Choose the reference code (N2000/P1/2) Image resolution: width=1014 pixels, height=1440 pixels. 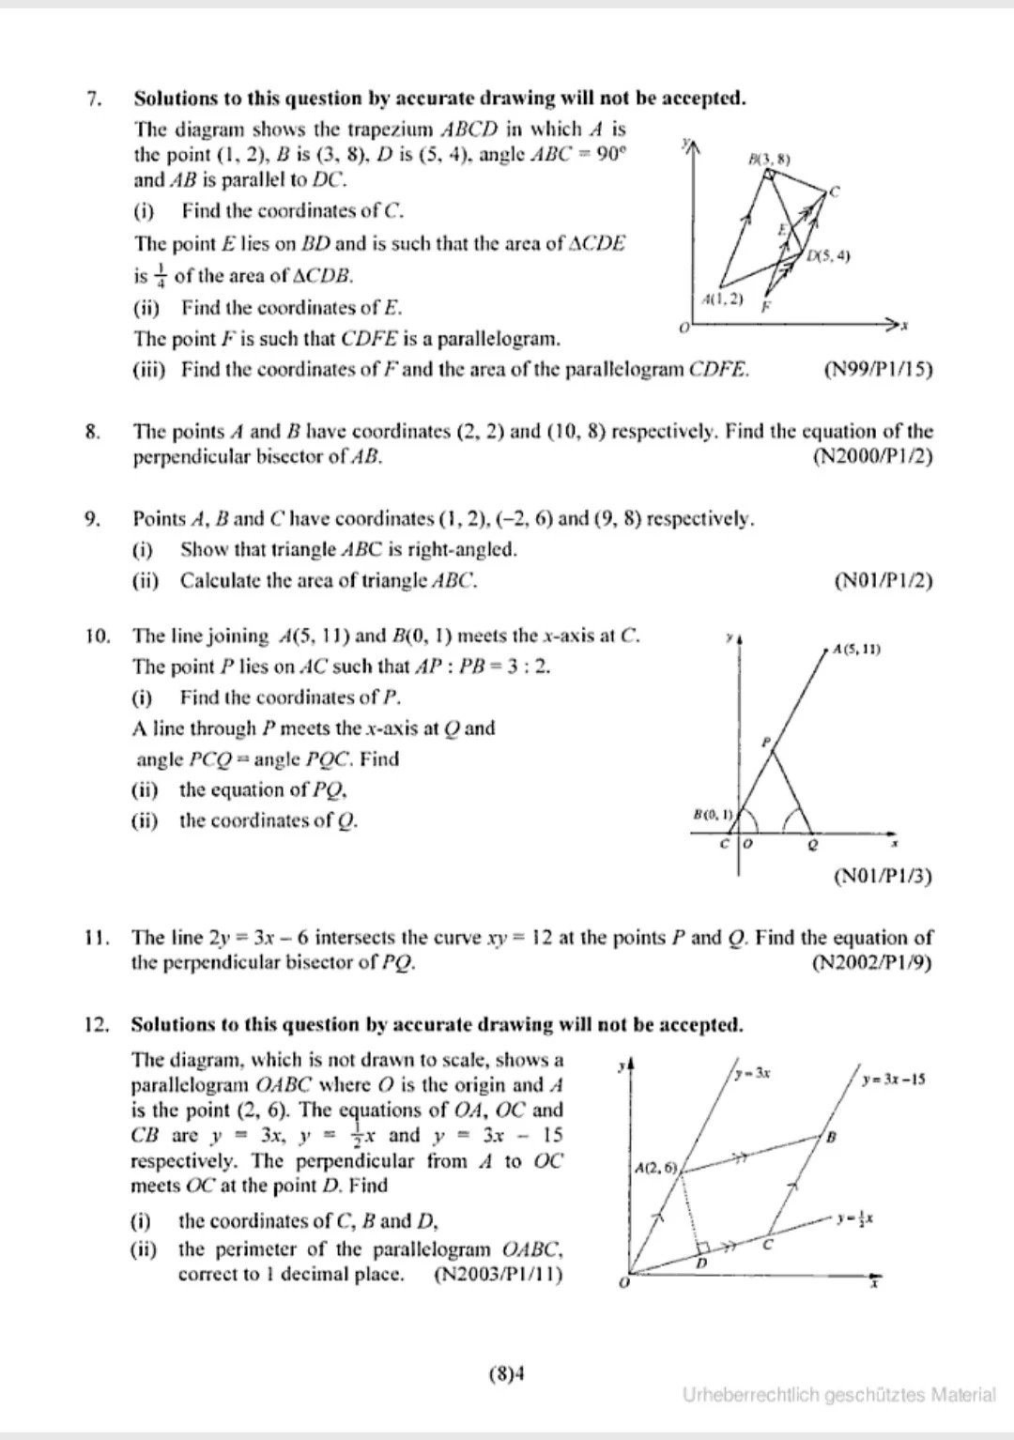pyautogui.click(x=872, y=457)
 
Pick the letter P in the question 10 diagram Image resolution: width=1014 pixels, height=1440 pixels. pyautogui.click(x=765, y=743)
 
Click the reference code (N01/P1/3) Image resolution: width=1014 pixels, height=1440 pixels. pyautogui.click(x=883, y=877)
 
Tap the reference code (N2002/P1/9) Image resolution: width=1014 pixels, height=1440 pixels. pyautogui.click(x=872, y=962)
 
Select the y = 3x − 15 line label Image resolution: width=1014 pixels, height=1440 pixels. pyautogui.click(x=894, y=1079)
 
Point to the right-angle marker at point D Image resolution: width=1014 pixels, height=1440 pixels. pyautogui.click(x=702, y=1252)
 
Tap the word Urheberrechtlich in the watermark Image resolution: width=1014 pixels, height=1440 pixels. pyautogui.click(x=751, y=1396)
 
